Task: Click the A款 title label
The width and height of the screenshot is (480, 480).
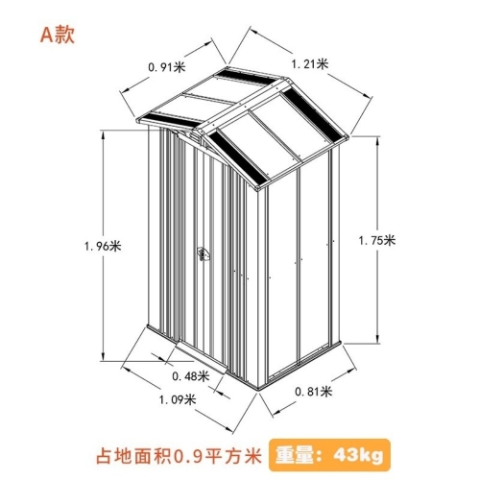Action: click(58, 35)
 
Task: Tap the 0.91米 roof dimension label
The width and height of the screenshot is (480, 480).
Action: click(167, 67)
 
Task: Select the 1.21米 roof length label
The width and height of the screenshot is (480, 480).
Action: click(310, 63)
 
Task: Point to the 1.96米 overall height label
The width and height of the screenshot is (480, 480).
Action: click(103, 246)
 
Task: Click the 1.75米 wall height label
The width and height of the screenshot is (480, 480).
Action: click(377, 240)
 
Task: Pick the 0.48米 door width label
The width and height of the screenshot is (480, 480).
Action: click(191, 376)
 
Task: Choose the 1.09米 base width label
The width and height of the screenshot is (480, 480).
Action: click(178, 399)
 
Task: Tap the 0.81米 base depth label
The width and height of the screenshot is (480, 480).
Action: click(313, 391)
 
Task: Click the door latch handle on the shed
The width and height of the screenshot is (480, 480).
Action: click(203, 253)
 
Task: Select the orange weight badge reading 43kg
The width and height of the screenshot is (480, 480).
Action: click(329, 455)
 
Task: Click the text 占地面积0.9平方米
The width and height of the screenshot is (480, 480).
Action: click(179, 456)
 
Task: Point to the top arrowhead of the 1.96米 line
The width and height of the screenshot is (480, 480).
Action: click(103, 135)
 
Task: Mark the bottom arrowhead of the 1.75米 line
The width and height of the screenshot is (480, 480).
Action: click(378, 339)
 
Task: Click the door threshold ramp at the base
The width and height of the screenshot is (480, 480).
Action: click(202, 357)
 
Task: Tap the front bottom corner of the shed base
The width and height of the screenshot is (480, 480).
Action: click(258, 389)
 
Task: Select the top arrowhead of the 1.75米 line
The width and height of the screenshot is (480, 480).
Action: click(378, 141)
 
